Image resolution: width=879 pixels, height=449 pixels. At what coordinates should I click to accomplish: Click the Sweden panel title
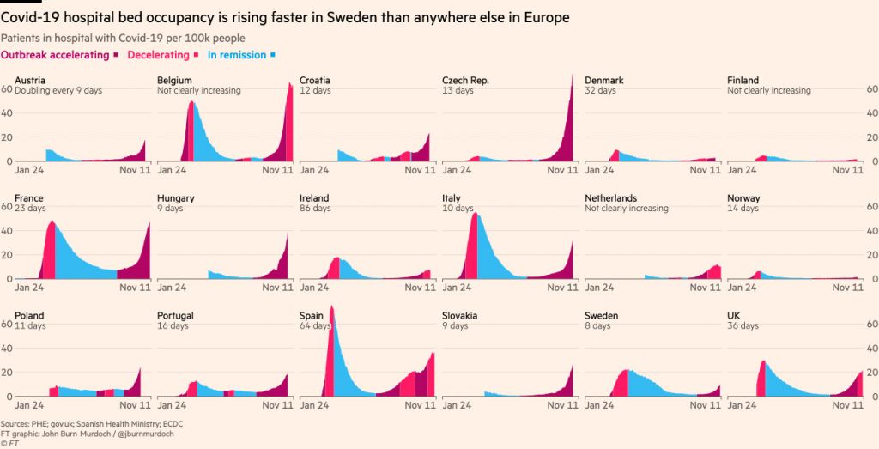[601, 315]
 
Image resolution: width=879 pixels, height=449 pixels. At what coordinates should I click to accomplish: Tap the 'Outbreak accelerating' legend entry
[56, 55]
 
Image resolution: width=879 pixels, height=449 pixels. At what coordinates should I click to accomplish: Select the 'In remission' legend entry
[236, 55]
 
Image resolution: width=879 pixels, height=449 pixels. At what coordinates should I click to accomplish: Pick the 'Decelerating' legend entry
[158, 55]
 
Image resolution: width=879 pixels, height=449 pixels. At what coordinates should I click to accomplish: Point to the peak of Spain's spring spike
[331, 306]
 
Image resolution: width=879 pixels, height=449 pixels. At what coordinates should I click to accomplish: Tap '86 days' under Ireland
[314, 208]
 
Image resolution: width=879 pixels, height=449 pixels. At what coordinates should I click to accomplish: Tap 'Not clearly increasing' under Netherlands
[627, 208]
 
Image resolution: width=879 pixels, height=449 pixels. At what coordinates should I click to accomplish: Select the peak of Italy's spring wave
[475, 215]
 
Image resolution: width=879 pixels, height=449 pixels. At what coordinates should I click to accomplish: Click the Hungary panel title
[176, 198]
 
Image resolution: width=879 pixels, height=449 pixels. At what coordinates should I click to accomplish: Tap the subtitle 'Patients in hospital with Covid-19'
[86, 38]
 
